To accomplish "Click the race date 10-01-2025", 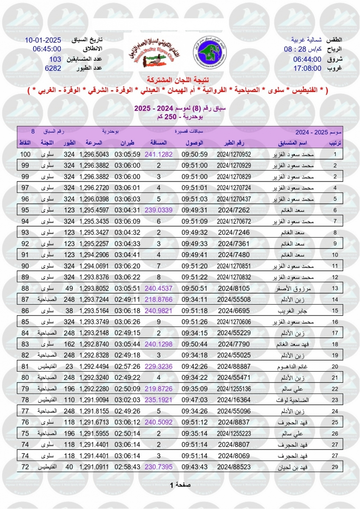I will click(x=43, y=40).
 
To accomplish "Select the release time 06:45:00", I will click(x=47, y=49).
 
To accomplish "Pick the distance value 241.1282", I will click(x=159, y=154).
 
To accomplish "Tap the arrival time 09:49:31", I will click(x=195, y=210).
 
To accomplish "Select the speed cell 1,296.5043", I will click(x=94, y=154).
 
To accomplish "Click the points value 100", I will click(x=26, y=154).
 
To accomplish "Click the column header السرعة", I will click(x=93, y=143).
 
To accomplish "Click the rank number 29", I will click(x=335, y=467).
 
